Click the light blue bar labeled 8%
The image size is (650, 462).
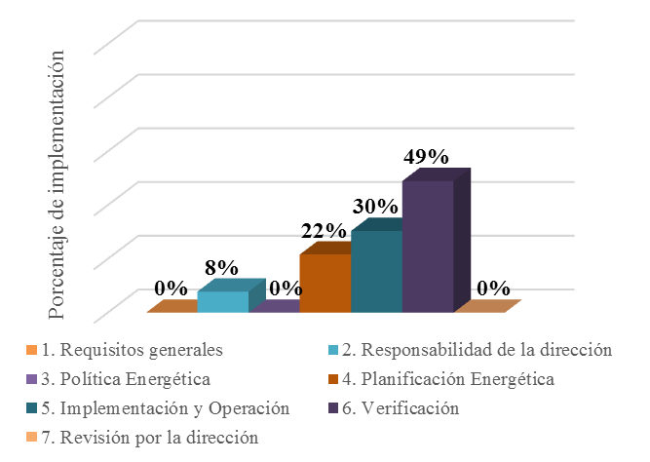(223, 301)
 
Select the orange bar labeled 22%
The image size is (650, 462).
(325, 283)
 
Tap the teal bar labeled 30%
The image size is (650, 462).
(376, 271)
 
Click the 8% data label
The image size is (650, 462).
(221, 267)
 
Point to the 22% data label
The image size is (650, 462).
(324, 231)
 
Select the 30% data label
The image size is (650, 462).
(375, 207)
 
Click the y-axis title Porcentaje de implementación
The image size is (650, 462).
(59, 185)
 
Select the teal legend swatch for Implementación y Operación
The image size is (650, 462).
(30, 408)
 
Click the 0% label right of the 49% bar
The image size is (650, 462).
(494, 288)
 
